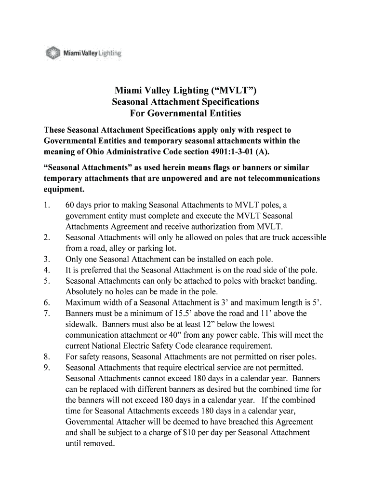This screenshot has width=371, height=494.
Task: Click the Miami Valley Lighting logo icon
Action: (x=52, y=53)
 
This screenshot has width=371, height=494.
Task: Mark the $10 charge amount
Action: (x=190, y=433)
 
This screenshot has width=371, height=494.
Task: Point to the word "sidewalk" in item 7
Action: (x=81, y=324)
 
